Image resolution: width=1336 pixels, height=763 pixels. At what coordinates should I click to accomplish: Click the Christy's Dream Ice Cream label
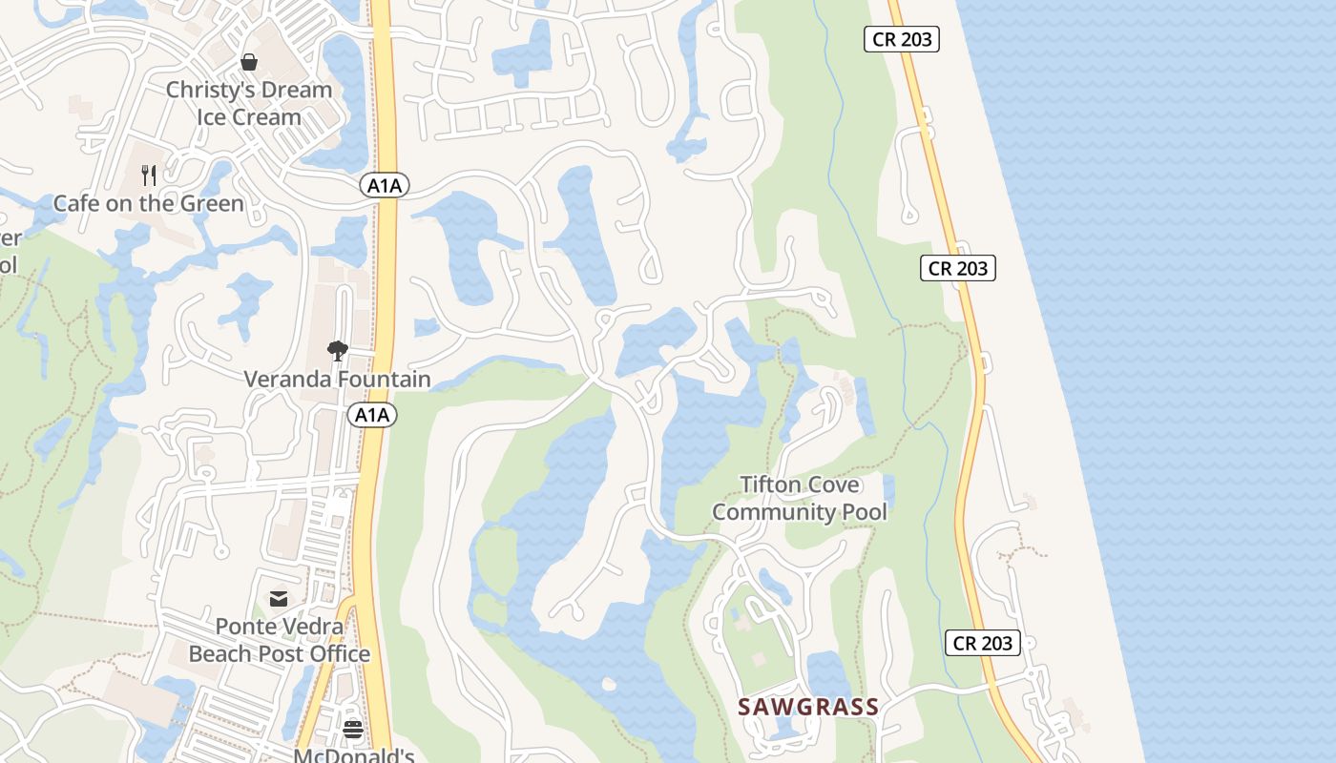tap(249, 103)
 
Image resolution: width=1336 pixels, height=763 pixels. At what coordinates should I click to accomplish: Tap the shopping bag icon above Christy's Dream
tap(249, 63)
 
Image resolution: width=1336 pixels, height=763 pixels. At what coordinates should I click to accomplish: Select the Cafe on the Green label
tap(149, 203)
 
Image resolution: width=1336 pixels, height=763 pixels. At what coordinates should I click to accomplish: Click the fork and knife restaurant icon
tap(149, 175)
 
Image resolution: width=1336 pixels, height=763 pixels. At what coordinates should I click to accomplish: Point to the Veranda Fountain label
tap(337, 379)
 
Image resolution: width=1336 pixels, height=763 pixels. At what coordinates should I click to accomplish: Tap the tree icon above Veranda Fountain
tap(337, 351)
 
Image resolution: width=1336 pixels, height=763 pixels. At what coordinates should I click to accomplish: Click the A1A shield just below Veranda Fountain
tap(372, 415)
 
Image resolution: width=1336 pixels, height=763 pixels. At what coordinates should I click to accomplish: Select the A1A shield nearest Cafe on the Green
tap(385, 186)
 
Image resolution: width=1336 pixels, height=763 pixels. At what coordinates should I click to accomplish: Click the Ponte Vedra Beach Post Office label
tap(279, 640)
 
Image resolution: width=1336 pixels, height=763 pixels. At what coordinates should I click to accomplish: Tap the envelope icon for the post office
tap(279, 599)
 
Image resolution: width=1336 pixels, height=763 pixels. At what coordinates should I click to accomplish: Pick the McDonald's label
tap(353, 756)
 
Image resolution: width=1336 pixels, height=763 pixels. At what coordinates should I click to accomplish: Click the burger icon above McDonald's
tap(353, 730)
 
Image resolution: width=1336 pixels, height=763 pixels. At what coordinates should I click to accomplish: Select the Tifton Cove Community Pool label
tap(800, 498)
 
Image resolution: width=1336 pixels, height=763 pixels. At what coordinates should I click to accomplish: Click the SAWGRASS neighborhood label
tap(808, 707)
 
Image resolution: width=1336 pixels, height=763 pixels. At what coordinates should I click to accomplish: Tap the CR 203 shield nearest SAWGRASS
tap(983, 643)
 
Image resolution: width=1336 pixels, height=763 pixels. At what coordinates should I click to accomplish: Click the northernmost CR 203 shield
tap(902, 39)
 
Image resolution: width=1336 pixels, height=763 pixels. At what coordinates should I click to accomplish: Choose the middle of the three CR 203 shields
tap(958, 268)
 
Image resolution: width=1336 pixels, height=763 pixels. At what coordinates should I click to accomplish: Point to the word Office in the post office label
tap(333, 653)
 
